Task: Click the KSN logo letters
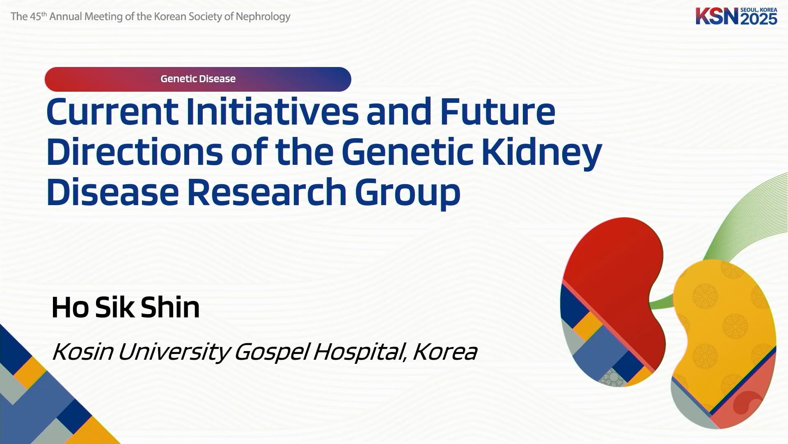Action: point(717,16)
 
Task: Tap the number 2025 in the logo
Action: point(759,19)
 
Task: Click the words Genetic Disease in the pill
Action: point(198,79)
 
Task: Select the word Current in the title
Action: point(112,111)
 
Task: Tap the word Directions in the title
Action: point(135,152)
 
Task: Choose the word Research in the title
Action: point(267,192)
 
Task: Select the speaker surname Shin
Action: point(170,307)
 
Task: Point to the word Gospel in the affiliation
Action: point(271,353)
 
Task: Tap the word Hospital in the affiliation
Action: point(360,353)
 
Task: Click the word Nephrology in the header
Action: point(263,17)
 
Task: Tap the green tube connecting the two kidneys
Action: point(661,303)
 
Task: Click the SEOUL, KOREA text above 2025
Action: point(759,10)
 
